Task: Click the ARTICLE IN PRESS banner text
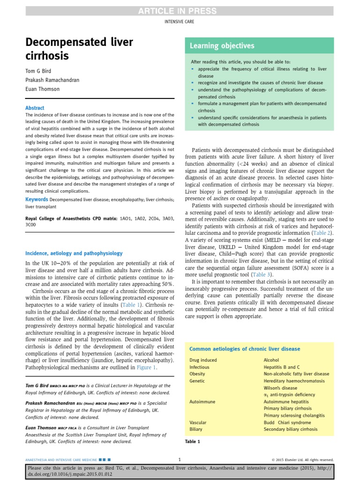click(x=180, y=11)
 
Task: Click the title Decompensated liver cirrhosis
click(x=79, y=49)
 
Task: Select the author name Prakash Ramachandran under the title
click(x=52, y=80)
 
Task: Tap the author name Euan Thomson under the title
click(x=43, y=89)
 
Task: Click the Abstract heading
click(x=35, y=107)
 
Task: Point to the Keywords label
click(x=37, y=200)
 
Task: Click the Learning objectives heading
click(x=222, y=45)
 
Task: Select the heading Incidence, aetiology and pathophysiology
click(x=74, y=253)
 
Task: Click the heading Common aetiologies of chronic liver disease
click(x=244, y=349)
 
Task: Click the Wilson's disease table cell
click(x=280, y=388)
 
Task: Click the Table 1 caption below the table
click(x=193, y=442)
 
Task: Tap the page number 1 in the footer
click(x=180, y=460)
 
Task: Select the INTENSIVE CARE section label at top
click(x=180, y=22)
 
